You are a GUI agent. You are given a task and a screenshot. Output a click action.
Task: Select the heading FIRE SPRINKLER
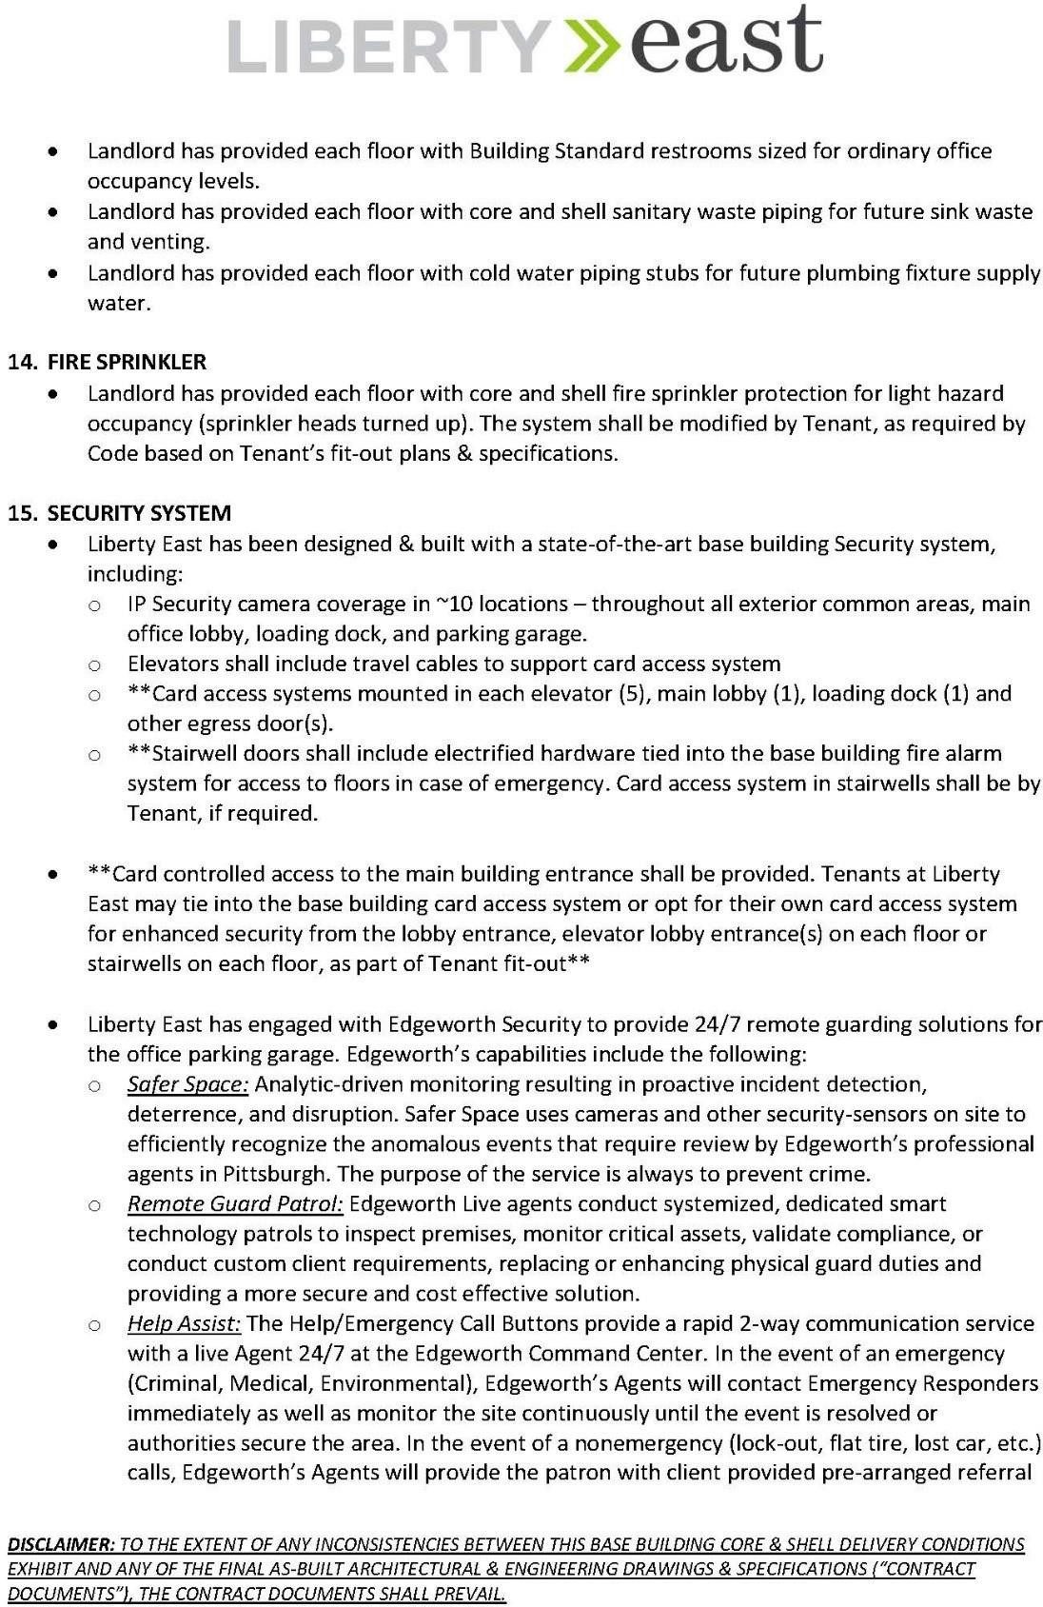coord(127,362)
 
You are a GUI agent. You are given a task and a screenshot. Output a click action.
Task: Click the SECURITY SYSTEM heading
coord(139,513)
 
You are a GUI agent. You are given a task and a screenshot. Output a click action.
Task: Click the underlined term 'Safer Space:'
coord(187,1084)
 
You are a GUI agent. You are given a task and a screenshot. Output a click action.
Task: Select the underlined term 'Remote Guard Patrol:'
coord(235,1204)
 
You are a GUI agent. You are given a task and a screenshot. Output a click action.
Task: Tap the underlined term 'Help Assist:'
coord(184,1324)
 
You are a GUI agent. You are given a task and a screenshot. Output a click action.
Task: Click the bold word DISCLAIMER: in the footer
coord(61,1544)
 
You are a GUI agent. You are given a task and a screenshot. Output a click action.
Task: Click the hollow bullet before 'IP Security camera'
coord(94,605)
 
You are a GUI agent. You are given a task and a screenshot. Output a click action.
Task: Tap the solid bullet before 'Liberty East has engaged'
coord(59,1025)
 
